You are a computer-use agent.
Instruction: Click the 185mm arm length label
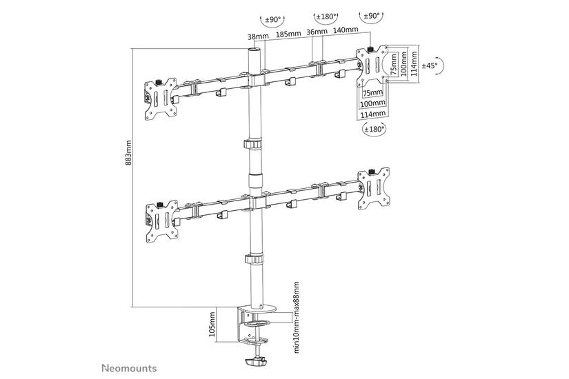coord(286,32)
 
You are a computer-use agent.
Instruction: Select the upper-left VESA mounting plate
coord(157,101)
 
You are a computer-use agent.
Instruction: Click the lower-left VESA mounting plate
coord(157,221)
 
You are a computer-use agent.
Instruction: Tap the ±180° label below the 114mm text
coord(373,129)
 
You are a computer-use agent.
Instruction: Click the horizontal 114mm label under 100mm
coord(372,114)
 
